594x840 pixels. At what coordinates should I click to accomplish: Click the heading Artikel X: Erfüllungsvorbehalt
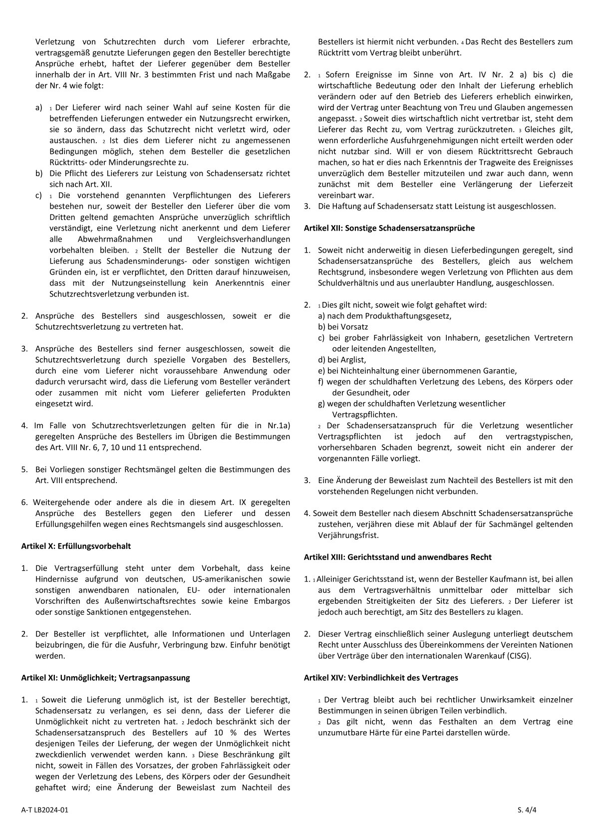click(x=76, y=546)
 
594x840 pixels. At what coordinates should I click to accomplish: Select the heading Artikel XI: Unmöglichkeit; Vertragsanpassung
click(x=105, y=678)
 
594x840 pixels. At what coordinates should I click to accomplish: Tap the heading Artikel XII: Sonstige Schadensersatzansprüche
click(x=389, y=228)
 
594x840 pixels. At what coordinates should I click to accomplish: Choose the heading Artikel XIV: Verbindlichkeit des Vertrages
click(x=381, y=678)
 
